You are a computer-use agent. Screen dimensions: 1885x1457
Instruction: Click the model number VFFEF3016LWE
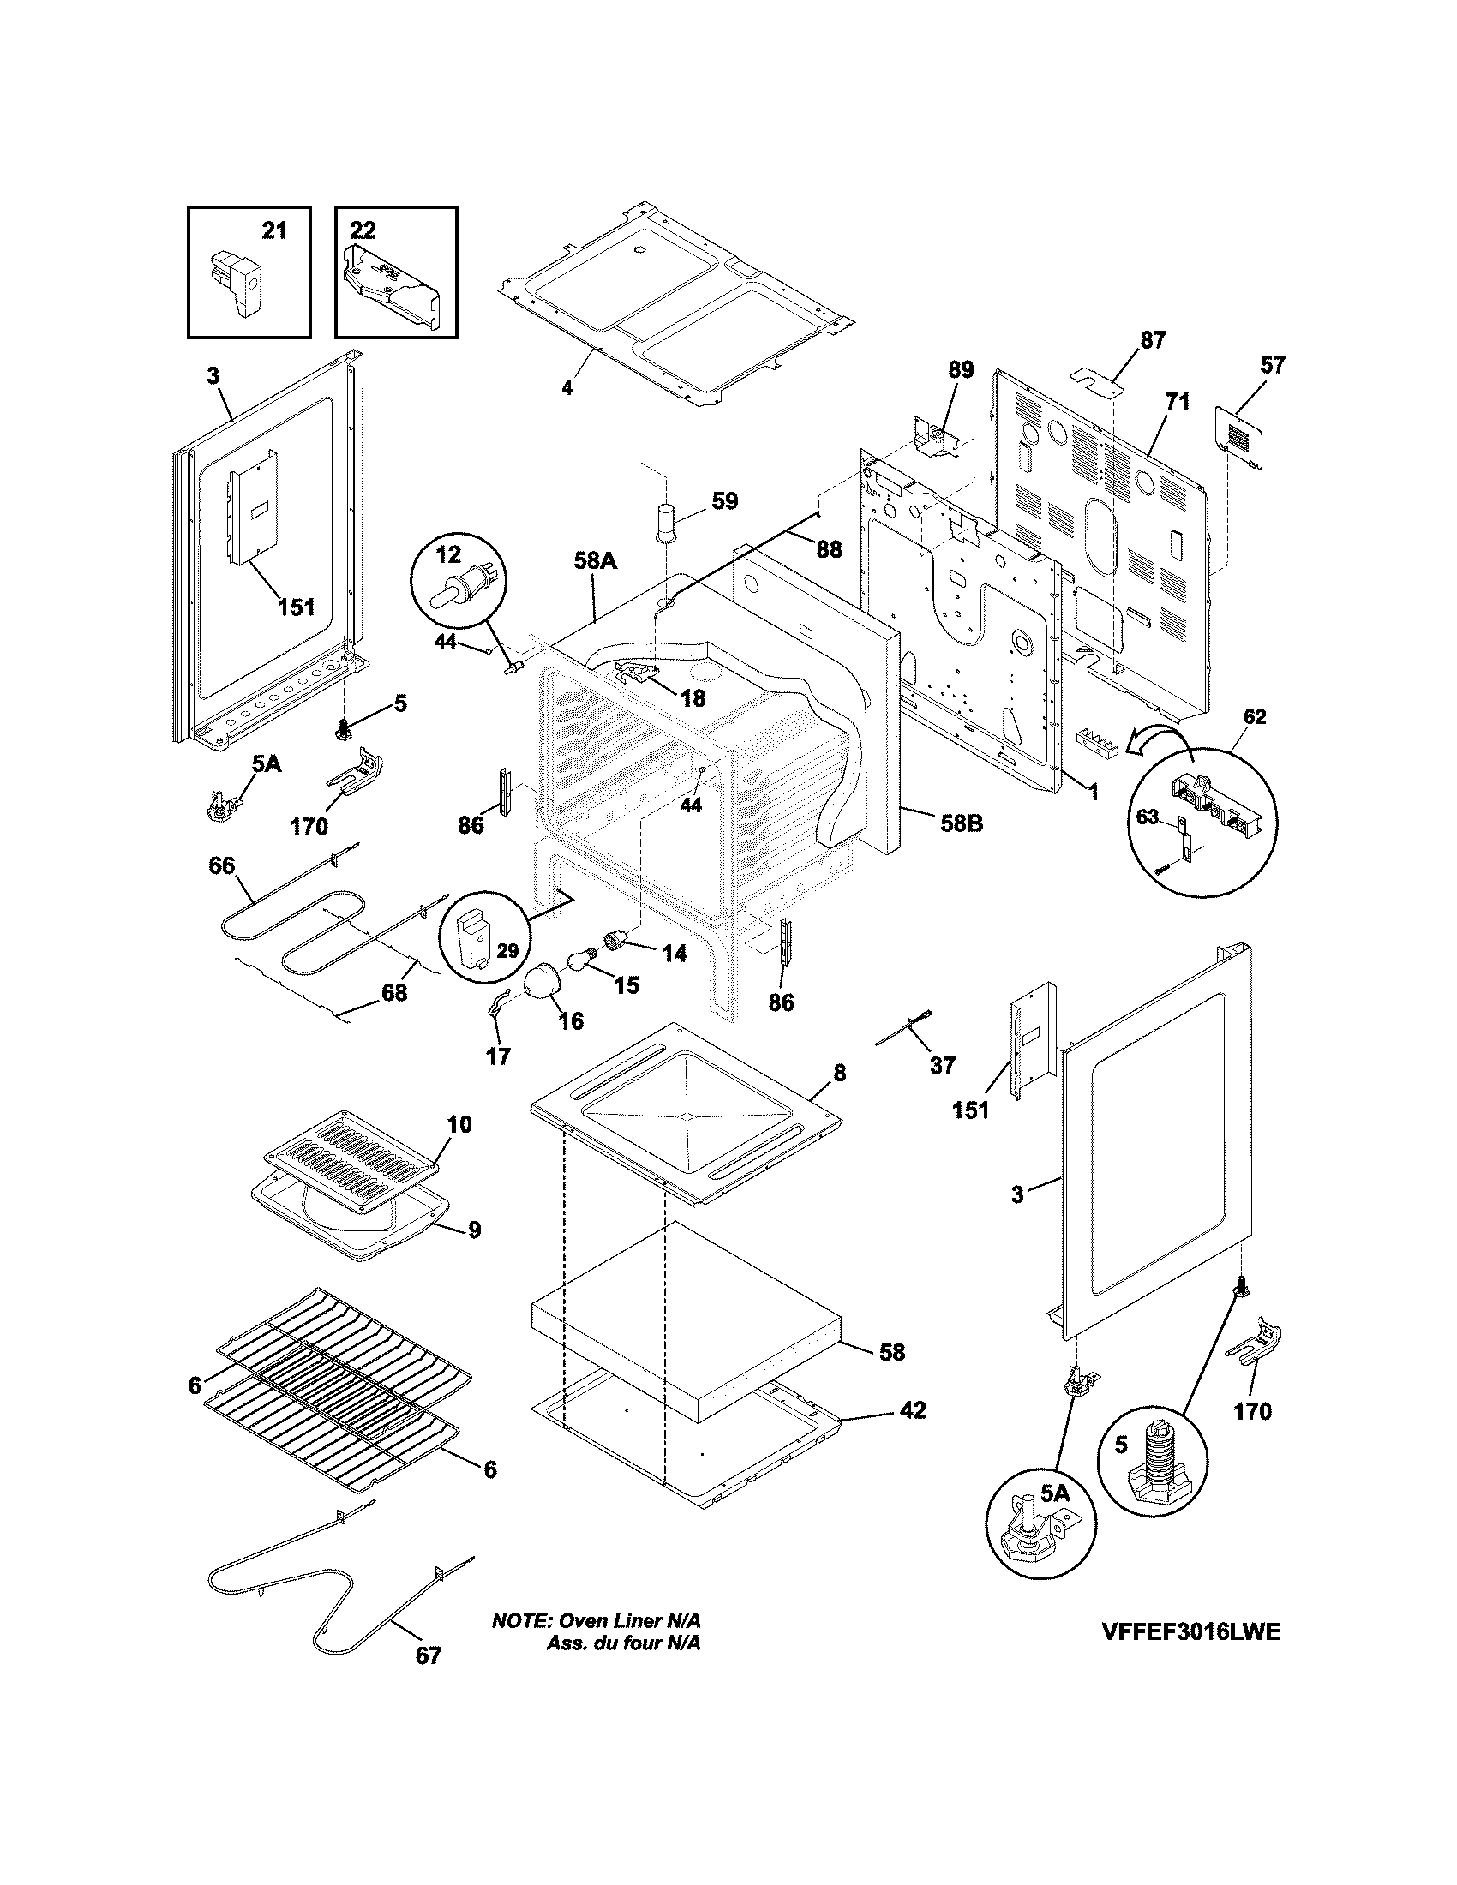(x=1190, y=1656)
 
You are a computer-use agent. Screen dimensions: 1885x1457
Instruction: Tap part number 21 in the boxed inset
(x=273, y=231)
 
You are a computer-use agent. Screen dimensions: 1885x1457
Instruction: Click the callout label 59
(x=725, y=501)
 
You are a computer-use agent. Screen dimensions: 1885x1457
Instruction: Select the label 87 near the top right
(x=1152, y=340)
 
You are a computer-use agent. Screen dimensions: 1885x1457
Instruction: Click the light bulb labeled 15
(x=580, y=959)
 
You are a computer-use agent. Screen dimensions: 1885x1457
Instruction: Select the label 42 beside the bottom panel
(x=913, y=1410)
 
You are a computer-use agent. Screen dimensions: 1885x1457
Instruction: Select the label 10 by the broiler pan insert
(x=459, y=1125)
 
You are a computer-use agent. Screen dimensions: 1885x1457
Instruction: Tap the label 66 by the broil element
(x=222, y=865)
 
